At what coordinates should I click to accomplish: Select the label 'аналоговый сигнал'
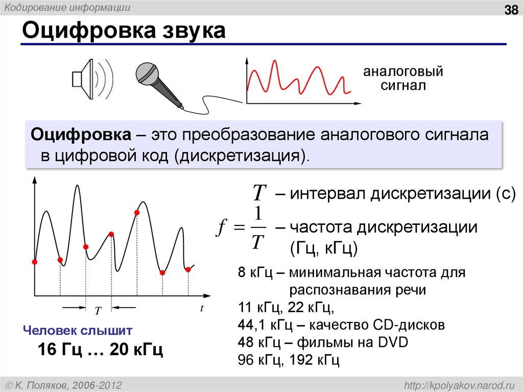[402, 78]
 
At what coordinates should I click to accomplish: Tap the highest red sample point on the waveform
[137, 212]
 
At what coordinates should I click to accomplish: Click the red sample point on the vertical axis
[35, 262]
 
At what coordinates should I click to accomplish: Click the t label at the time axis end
[202, 308]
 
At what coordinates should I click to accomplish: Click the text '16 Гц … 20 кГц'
[100, 350]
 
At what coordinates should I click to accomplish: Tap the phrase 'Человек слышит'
[78, 330]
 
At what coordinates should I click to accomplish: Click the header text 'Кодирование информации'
[67, 8]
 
